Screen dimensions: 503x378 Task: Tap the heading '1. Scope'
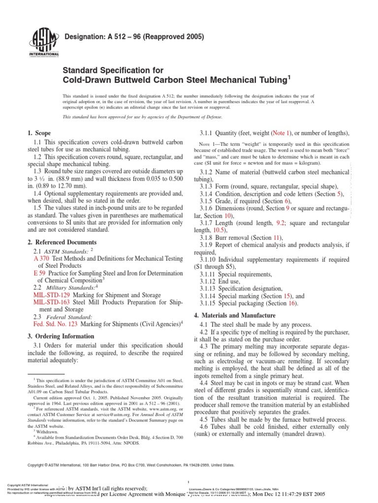[38, 133]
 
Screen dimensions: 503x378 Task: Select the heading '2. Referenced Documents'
[62, 243]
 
